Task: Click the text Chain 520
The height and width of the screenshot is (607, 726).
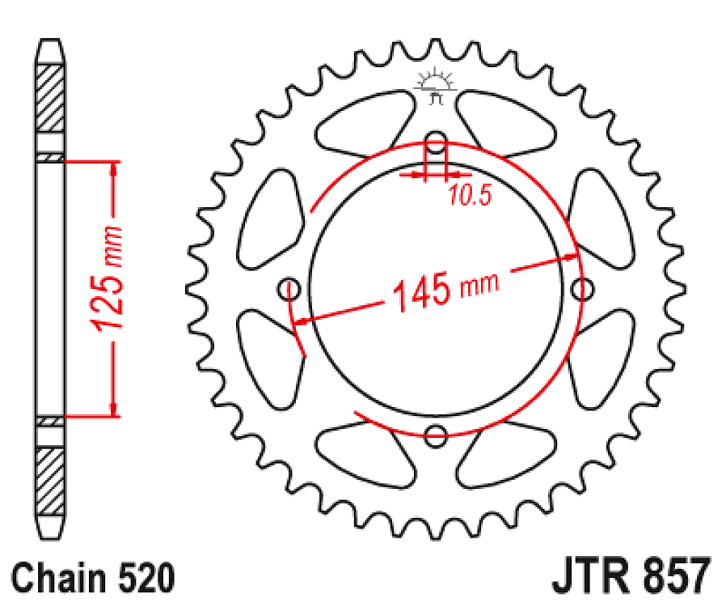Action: (94, 579)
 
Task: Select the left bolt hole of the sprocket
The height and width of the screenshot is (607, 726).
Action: (289, 288)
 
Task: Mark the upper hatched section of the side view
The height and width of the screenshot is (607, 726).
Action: (50, 98)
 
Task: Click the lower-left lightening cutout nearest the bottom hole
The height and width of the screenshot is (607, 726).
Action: (364, 453)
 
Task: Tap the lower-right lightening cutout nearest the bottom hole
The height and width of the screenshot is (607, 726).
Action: (508, 453)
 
